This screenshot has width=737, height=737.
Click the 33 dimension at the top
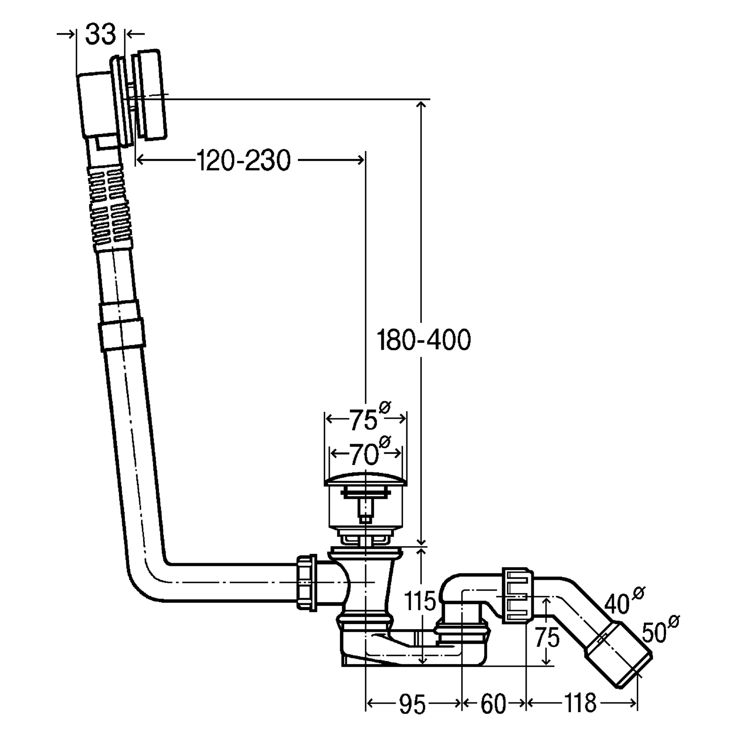point(101,35)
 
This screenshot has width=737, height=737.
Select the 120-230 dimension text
point(244,160)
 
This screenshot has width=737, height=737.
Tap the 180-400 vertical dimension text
point(424,340)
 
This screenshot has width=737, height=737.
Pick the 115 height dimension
point(419,601)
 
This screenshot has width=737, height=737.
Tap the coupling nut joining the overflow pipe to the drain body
point(306,583)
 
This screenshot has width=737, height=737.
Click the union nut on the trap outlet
point(518,595)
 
